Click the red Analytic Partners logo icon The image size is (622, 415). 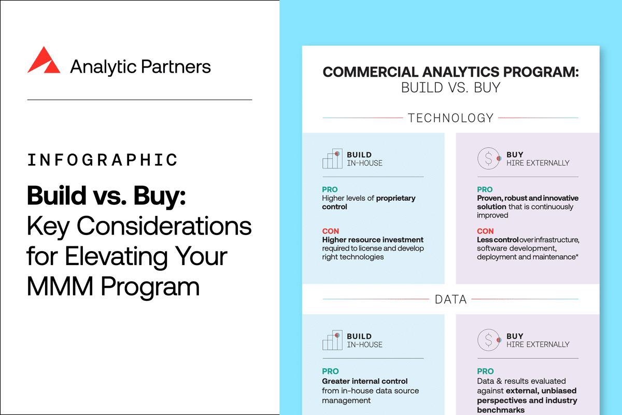click(45, 60)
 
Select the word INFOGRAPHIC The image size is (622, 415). click(102, 159)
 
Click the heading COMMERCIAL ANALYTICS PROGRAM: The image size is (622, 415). click(450, 72)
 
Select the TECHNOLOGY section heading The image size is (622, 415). click(450, 118)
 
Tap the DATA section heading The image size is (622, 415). click(450, 299)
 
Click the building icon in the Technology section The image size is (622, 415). click(332, 159)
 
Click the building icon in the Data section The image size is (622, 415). click(332, 340)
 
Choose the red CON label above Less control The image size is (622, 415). click(485, 231)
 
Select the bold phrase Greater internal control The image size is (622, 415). click(365, 381)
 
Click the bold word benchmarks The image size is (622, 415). click(501, 410)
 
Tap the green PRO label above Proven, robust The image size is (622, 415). click(485, 190)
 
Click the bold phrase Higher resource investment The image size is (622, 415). click(373, 240)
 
